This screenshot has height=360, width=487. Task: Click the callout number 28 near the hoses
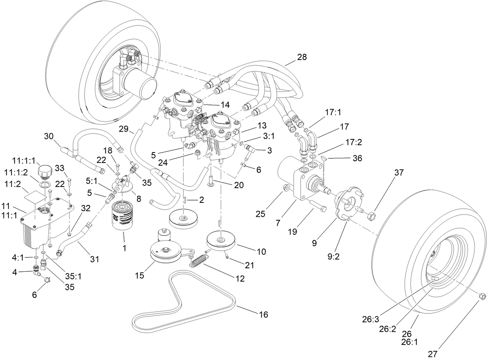point(302,57)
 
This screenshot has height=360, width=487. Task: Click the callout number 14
point(225,105)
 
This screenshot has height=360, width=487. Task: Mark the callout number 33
point(60,168)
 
